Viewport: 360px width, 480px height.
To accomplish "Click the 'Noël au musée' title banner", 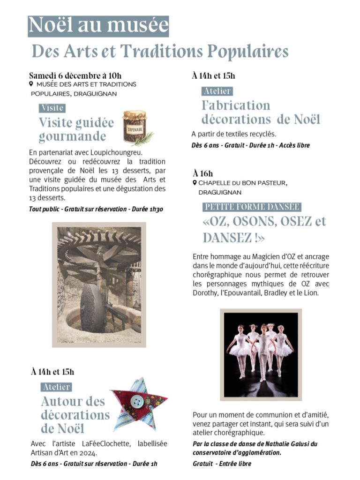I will pos(98,25).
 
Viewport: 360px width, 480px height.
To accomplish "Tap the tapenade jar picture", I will pos(134,126).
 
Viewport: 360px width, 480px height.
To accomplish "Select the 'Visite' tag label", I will pos(52,108).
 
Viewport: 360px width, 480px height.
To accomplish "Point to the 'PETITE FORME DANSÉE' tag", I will pos(252,207).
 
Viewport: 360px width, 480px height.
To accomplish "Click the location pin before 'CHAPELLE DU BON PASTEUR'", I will pos(195,183).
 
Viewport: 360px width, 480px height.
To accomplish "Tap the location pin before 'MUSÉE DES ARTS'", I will pos(31,84).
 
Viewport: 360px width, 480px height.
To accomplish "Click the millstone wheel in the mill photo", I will pos(92,307).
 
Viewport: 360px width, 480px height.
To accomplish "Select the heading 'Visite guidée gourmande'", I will pos(76,129).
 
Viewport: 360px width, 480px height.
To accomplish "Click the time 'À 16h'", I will pos(202,174).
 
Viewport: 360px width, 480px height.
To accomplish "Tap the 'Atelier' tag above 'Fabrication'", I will pos(217,91).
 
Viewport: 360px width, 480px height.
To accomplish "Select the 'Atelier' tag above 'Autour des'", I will pos(56,387).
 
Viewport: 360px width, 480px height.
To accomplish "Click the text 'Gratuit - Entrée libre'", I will pos(222,464).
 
